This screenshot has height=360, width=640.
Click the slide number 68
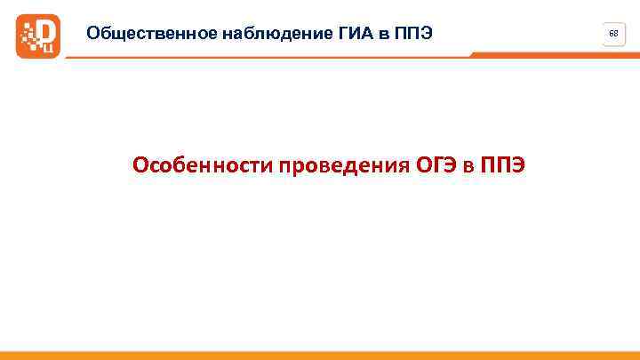(x=612, y=33)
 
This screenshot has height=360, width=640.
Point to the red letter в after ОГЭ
(x=468, y=165)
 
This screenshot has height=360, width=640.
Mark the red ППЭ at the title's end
(x=502, y=165)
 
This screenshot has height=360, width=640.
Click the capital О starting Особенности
(x=140, y=165)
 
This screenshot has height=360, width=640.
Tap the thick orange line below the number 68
(x=551, y=54)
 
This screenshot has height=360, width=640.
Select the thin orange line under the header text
(x=267, y=57)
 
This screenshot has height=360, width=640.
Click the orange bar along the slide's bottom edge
(x=320, y=356)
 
